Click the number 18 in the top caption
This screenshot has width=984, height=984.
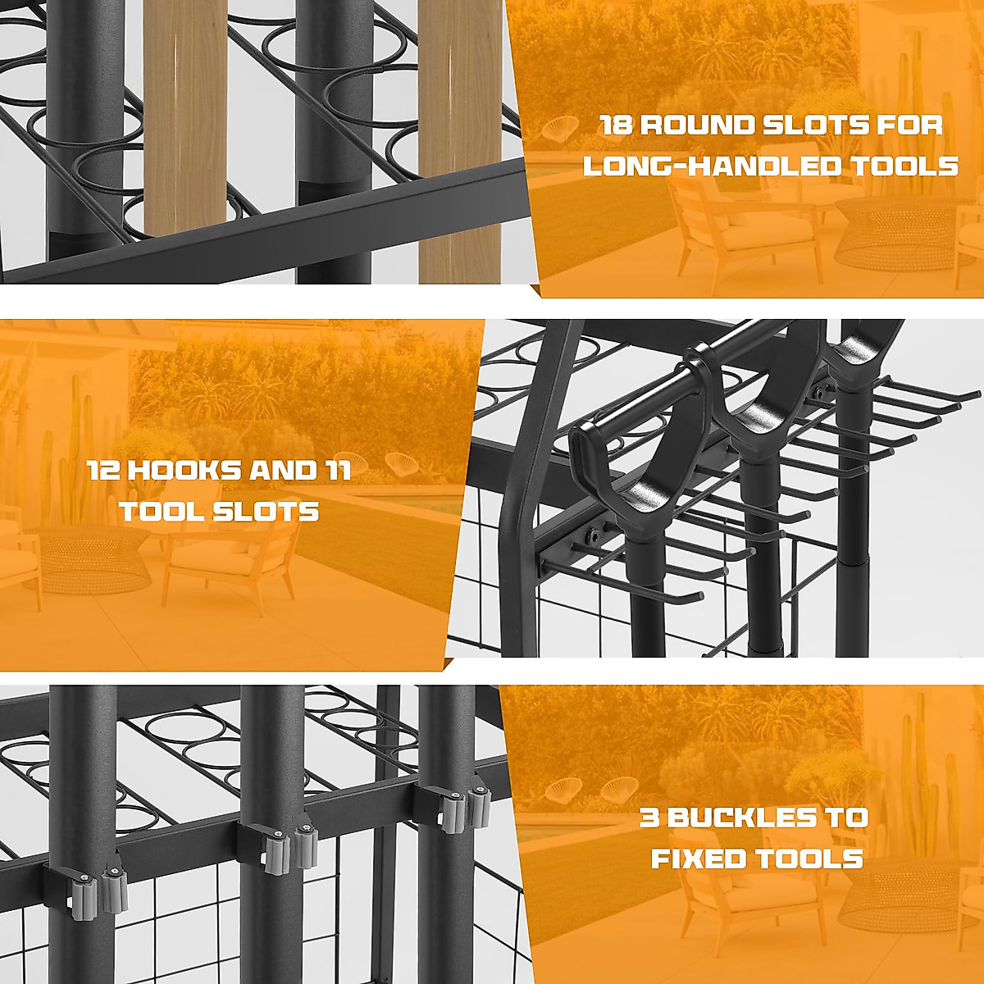[x=617, y=125]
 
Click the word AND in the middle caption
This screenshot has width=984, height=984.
[x=275, y=471]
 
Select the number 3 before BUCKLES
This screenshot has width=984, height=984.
[x=652, y=818]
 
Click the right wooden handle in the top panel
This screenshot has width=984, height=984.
[x=459, y=139]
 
